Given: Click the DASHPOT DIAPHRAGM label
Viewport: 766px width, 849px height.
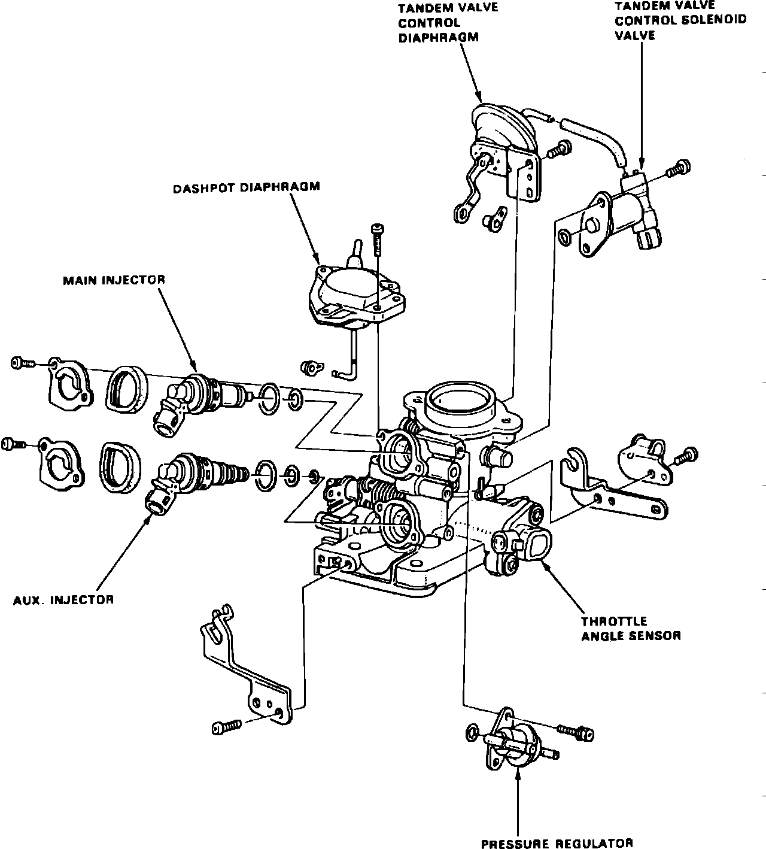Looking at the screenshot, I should tap(247, 187).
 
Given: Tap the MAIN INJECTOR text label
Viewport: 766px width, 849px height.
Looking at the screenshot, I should tap(114, 280).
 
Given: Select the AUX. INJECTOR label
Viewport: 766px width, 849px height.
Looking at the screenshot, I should tap(63, 599).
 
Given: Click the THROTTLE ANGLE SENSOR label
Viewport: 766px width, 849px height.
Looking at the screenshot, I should tap(631, 629).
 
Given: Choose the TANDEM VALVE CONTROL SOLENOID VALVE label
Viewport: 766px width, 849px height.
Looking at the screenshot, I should tap(681, 19).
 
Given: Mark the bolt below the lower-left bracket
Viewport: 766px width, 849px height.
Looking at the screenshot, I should tap(227, 726).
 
